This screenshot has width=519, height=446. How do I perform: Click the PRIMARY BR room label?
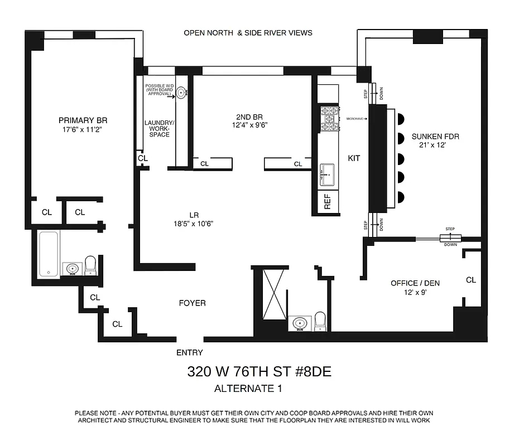[x=83, y=120]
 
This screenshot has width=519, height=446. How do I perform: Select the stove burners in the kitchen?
[x=329, y=118]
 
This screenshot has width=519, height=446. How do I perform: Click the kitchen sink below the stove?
[x=328, y=176]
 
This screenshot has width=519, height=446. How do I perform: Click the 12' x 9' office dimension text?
[x=415, y=293]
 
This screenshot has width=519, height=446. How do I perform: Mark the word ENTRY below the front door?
[x=189, y=352]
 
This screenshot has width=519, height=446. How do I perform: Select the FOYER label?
[x=192, y=303]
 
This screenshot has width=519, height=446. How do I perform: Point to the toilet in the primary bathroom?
[x=90, y=265]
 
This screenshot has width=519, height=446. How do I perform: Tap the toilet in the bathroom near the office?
[x=320, y=321]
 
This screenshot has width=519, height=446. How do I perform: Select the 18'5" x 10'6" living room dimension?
[x=194, y=224]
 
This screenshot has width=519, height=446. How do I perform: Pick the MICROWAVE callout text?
[x=355, y=119]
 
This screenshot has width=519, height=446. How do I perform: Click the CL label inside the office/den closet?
[x=470, y=280]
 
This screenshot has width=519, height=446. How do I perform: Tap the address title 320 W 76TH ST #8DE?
[x=259, y=372]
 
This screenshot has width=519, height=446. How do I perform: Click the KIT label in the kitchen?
[x=354, y=158]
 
